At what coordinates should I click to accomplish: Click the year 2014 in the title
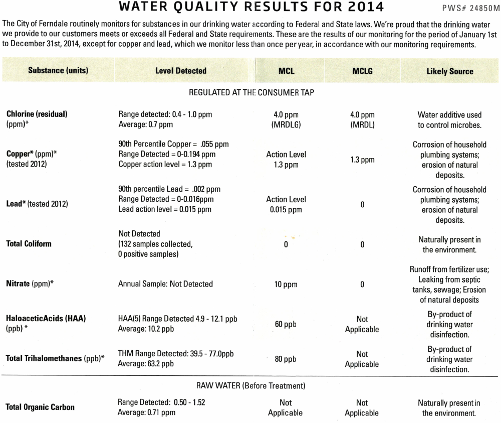(359, 8)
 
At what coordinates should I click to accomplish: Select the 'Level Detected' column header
(181, 71)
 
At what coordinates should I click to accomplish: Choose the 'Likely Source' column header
(449, 71)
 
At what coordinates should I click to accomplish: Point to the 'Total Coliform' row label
(29, 244)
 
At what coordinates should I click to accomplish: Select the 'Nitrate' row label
(30, 284)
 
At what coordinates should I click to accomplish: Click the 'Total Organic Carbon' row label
(40, 407)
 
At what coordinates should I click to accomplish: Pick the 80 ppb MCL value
(286, 359)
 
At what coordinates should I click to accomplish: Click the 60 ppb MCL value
(286, 324)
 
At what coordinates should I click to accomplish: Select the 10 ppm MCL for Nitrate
(286, 285)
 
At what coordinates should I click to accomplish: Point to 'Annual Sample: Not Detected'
(165, 284)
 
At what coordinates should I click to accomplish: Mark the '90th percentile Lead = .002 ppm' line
(169, 189)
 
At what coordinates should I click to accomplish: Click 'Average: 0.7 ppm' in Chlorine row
(145, 124)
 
